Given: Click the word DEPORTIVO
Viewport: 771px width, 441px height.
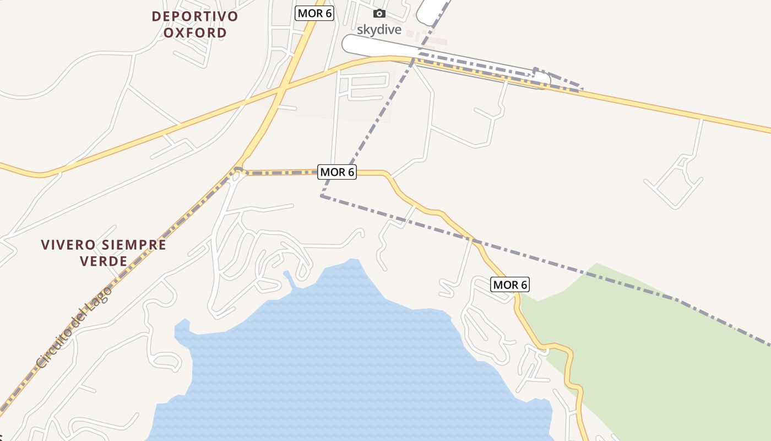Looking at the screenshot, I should (195, 16).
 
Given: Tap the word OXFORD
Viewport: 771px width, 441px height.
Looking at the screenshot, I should (195, 33).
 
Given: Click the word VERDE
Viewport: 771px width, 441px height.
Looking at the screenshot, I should (104, 261).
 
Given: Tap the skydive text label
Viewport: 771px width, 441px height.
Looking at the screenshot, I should (379, 29).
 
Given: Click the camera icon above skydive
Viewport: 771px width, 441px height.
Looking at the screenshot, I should (379, 14).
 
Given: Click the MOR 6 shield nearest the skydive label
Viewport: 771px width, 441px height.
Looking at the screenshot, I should (314, 13).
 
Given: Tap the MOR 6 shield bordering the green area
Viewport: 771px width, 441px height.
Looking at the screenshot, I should (510, 284).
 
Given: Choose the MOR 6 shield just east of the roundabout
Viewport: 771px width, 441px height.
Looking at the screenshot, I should (337, 172).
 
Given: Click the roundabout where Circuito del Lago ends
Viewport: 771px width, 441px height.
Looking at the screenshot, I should (238, 171).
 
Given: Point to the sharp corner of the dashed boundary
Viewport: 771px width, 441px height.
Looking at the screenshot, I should (322, 196).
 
